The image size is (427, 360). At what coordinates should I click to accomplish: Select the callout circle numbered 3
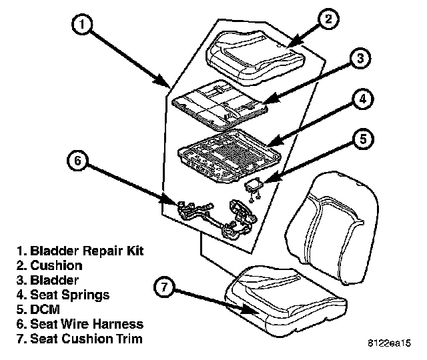(x=360, y=59)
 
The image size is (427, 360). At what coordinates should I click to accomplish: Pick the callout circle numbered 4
(x=360, y=99)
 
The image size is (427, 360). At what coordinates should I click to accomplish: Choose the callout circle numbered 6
(x=77, y=161)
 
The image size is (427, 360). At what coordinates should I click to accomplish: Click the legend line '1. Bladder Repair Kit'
(x=81, y=251)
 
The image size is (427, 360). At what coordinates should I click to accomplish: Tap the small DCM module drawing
(x=254, y=187)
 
